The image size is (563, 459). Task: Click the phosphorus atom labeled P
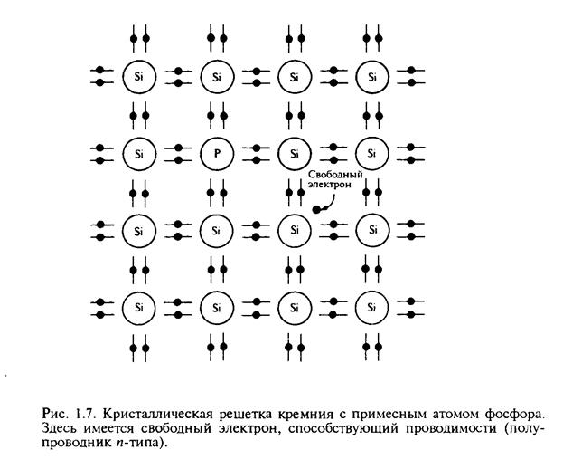216,152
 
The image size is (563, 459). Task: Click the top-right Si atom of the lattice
371,76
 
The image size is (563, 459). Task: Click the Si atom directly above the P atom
216,76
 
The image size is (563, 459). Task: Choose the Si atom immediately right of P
294,152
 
